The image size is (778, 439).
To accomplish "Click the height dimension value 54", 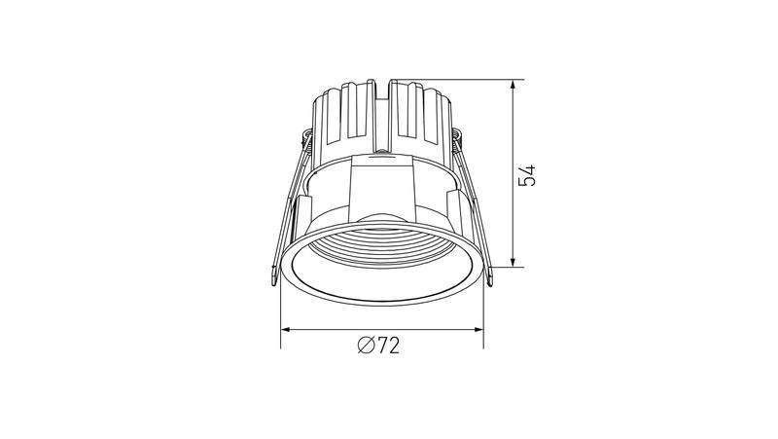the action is click(527, 175).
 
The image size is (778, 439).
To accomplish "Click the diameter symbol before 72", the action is click(366, 346).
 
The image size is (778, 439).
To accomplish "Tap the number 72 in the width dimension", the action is click(387, 346).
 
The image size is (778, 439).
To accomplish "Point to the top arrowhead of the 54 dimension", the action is click(513, 86).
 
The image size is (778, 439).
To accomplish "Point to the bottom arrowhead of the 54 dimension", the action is click(513, 261).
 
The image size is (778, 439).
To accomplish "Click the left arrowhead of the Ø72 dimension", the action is click(287, 329).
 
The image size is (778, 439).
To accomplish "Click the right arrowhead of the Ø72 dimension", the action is click(477, 329).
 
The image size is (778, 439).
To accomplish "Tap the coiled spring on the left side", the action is click(307, 139).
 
